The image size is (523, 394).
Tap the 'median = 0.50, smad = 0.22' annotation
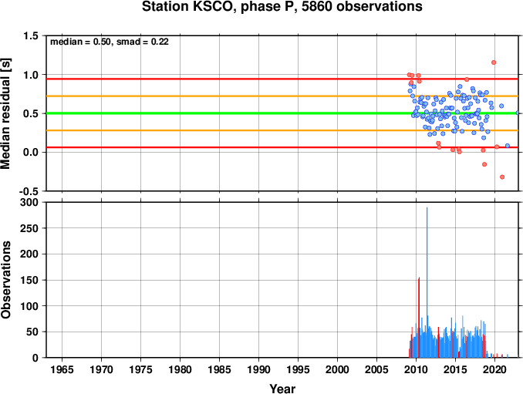[x=110, y=42]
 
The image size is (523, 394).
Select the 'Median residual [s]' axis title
[x=5, y=113]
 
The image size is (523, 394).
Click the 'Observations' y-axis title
[x=5, y=280]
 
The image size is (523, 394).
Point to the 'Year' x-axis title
[x=282, y=389]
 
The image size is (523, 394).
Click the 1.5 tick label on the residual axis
[x=31, y=35]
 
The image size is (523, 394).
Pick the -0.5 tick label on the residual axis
[x=29, y=191]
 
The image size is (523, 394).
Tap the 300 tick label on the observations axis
[x=29, y=202]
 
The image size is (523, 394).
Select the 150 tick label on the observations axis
[x=29, y=280]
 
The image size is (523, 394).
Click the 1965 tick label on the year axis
[x=62, y=369]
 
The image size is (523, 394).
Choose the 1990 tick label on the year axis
[x=259, y=369]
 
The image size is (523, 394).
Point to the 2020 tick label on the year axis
[x=495, y=369]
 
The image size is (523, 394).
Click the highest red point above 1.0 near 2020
[x=494, y=62]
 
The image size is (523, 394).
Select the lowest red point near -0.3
[x=502, y=177]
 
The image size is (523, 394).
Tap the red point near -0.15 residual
[x=484, y=164]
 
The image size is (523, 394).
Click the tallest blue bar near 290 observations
[x=427, y=282]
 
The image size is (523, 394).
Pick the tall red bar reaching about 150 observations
[x=419, y=318]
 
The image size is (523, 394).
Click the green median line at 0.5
[x=282, y=113]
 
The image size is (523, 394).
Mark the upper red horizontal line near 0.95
[x=282, y=79]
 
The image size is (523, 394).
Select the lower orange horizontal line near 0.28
[x=282, y=130]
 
